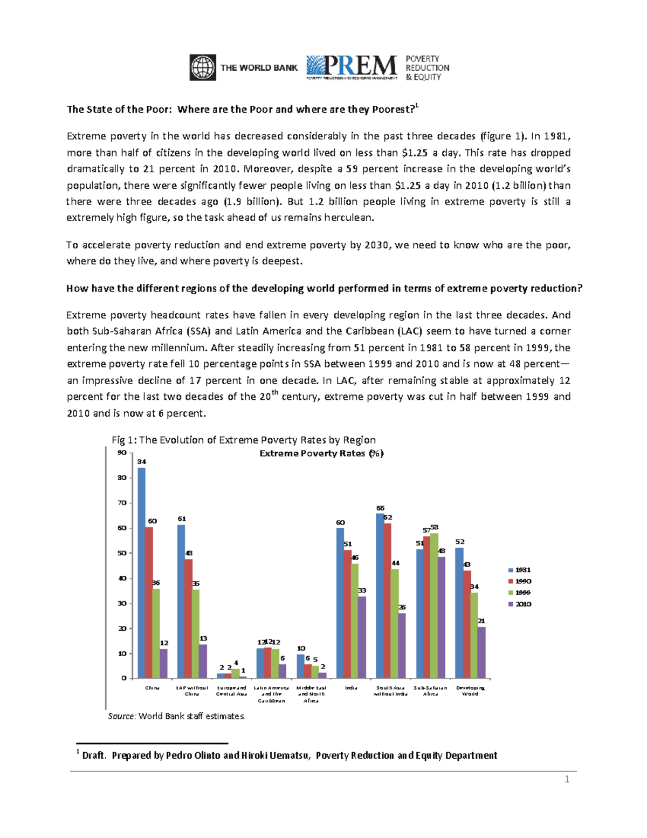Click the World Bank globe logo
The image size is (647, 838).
point(203,67)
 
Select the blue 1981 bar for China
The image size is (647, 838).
point(141,572)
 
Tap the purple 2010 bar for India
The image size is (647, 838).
point(362,637)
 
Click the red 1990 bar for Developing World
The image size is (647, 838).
point(467,624)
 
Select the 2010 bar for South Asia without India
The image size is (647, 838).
point(402,645)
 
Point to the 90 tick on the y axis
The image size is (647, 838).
point(122,453)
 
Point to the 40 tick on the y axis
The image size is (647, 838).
point(122,578)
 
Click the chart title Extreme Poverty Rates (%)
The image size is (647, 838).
point(321,453)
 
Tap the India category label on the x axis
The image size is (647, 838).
point(351,688)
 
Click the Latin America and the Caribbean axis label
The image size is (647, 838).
point(271,694)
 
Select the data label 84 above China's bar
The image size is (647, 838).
point(141,462)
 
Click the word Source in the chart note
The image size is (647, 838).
point(121,716)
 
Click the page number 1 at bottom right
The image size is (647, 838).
point(567,779)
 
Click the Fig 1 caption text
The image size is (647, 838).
point(243,440)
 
